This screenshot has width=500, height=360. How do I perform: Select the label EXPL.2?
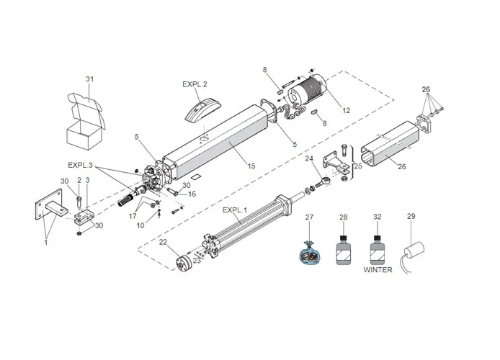(x=195, y=84)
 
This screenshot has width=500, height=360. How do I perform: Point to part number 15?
(x=251, y=166)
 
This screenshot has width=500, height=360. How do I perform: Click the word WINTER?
(x=378, y=270)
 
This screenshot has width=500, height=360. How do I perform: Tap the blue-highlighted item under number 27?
(x=310, y=253)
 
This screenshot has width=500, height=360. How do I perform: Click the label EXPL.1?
(x=235, y=210)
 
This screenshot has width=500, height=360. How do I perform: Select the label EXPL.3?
(x=81, y=165)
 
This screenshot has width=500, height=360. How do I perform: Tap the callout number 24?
(x=309, y=158)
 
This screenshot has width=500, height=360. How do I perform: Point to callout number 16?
(x=192, y=194)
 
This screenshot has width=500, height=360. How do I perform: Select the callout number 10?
(x=140, y=226)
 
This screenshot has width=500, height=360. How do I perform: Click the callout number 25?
(x=358, y=167)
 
